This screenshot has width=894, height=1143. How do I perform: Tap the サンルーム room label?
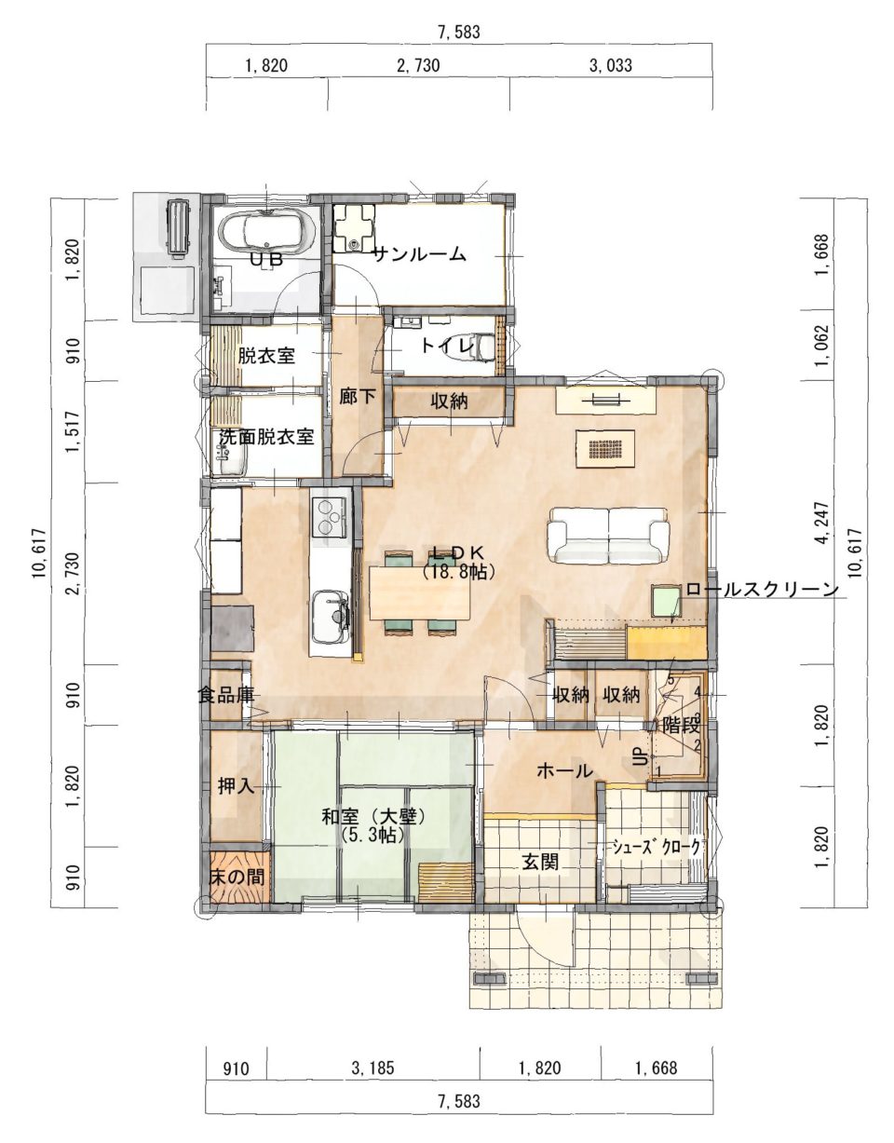click(419, 254)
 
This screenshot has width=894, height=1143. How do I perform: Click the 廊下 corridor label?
click(357, 397)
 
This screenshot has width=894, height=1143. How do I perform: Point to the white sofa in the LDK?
click(608, 536)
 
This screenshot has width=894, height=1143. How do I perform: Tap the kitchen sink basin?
click(330, 616)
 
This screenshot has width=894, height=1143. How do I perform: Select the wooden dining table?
click(420, 592)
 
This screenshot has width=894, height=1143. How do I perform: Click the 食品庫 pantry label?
click(225, 695)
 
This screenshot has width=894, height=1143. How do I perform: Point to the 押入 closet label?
click(237, 787)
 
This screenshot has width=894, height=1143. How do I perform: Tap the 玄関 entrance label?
click(540, 862)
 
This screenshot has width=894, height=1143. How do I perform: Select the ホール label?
click(564, 771)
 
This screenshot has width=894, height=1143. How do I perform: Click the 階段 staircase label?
click(681, 726)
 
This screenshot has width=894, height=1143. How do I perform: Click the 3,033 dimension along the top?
click(610, 66)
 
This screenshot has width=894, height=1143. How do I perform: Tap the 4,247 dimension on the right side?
click(822, 523)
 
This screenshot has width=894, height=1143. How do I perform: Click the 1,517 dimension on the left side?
click(74, 432)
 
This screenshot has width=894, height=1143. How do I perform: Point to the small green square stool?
click(667, 600)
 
